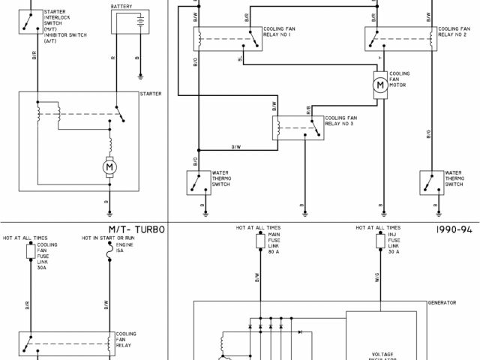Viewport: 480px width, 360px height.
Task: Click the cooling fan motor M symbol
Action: (x=380, y=85)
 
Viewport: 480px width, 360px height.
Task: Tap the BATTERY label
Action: (x=123, y=6)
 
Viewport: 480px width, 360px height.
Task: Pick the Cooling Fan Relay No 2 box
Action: (x=397, y=37)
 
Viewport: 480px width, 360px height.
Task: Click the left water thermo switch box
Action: (x=199, y=181)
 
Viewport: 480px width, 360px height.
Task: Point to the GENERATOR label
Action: (x=442, y=303)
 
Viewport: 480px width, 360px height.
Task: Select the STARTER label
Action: (x=150, y=94)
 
